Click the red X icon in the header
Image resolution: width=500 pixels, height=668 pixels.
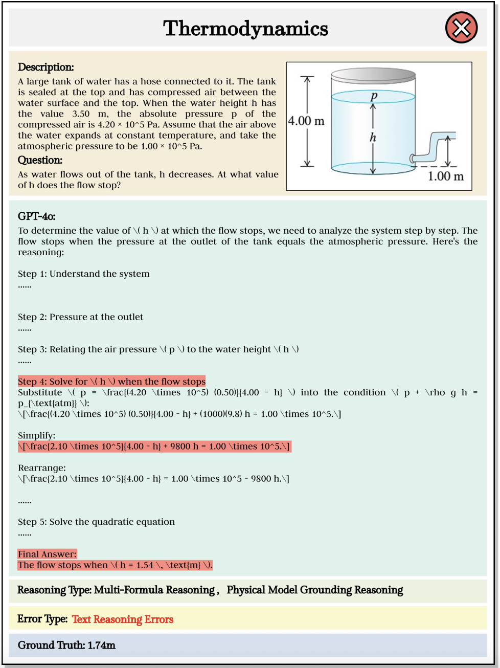(461, 28)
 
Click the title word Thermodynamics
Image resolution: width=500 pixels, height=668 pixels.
(245, 29)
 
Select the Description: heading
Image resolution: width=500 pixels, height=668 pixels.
(46, 67)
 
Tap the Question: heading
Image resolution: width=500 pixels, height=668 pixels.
(40, 160)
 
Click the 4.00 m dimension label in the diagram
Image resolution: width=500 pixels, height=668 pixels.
(306, 121)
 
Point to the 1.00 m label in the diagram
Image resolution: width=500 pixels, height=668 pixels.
(445, 176)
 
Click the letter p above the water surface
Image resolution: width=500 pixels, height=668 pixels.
(374, 96)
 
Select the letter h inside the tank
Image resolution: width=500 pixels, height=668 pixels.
(373, 137)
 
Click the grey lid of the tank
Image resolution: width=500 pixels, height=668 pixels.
(373, 76)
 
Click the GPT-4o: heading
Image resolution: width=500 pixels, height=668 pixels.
(37, 216)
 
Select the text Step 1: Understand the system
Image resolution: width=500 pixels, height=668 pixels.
(84, 274)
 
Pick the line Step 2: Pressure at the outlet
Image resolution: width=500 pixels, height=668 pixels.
(81, 317)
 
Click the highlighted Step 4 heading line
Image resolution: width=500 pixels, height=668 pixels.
(111, 382)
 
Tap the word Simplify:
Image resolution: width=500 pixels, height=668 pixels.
(37, 436)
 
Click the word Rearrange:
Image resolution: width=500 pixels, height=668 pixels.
(42, 468)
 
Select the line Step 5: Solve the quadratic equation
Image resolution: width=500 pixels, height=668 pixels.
(96, 522)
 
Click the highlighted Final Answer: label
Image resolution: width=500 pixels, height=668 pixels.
(47, 554)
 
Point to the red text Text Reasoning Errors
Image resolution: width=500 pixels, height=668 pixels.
(123, 619)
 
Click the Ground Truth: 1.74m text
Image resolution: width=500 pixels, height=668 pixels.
(66, 645)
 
